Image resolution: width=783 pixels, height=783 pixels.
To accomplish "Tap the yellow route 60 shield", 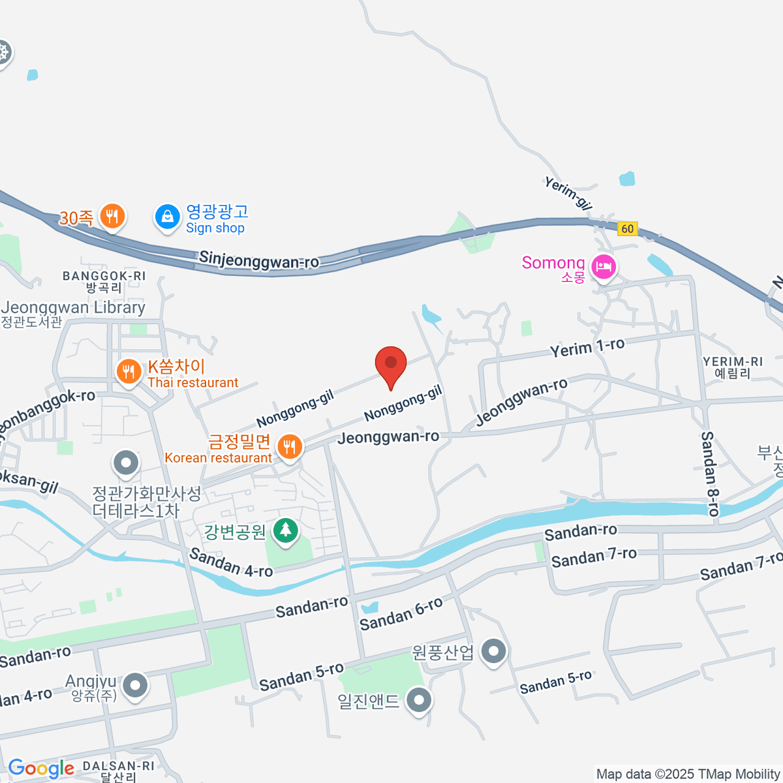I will click(627, 228).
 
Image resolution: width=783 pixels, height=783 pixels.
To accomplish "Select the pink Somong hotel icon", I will click(603, 268).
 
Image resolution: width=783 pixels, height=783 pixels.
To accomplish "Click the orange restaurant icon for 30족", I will click(113, 216).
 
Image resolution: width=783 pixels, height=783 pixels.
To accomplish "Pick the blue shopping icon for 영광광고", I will click(168, 217).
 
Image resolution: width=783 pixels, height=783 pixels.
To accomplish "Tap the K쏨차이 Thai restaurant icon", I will click(129, 372).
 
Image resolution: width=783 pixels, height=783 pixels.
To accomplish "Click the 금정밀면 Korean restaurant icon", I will click(289, 448).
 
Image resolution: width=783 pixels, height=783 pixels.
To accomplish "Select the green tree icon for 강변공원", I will click(285, 530).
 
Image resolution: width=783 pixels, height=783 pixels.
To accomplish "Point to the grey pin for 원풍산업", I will click(493, 651).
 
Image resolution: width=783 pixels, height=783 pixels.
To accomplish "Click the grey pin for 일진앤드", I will click(418, 701).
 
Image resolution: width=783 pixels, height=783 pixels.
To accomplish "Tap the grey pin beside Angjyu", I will click(136, 686).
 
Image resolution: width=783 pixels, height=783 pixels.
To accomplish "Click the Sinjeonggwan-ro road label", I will click(259, 260).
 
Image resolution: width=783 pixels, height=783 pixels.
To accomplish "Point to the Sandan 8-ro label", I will click(709, 473).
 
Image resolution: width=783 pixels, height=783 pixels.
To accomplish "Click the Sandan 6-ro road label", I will click(401, 614).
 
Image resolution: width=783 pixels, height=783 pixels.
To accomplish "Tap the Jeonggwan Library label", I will click(73, 307).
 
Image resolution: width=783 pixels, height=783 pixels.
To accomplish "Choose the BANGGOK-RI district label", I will click(104, 276).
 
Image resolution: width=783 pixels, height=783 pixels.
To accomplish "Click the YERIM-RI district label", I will click(733, 361).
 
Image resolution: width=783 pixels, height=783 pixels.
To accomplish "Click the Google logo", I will click(41, 769).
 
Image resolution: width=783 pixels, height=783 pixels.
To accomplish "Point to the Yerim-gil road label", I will click(568, 193).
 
